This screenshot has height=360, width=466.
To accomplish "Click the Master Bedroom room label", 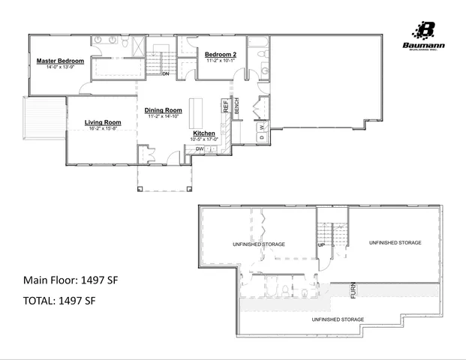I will pos(60,61).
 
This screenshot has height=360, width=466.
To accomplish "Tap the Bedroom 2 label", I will pos(221,54).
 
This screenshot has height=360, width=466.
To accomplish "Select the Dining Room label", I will pos(164,110).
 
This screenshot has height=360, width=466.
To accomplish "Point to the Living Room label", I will pos(103,122).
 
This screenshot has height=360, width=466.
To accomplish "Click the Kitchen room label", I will pos(203,133).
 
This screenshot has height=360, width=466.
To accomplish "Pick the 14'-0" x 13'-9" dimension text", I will pos(60,67).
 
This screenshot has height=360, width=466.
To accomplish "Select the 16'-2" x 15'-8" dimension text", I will pos(103,128).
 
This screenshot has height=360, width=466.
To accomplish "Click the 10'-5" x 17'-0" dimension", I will pos(203,139).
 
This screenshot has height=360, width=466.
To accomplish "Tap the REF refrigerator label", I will pos(224,106).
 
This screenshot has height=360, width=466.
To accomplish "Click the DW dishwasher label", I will pos(200,148).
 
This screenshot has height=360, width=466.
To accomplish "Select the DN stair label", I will pos(165,73).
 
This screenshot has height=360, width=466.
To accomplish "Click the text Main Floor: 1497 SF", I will pos(71,280).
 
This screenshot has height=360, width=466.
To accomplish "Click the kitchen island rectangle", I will pos(197,112).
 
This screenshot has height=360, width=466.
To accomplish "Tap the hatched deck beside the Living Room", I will pos(37,120).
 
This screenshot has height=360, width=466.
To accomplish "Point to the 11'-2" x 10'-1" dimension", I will pos(221,61).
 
